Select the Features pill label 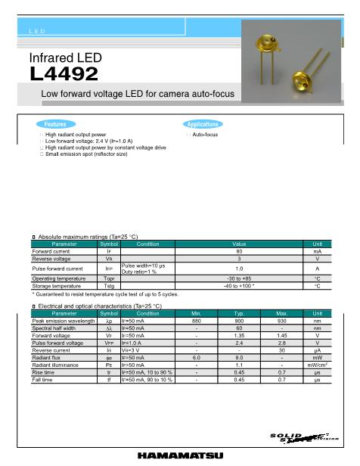click(55, 124)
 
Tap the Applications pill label click(202, 124)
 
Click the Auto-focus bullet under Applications click(205, 134)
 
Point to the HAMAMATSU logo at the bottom click(180, 455)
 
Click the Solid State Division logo click(303, 438)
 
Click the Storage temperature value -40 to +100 click(239, 286)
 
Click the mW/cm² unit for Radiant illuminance click(317, 365)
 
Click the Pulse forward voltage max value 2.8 click(281, 343)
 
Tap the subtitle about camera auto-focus click(138, 94)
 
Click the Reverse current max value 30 click(281, 350)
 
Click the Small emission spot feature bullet click(85, 154)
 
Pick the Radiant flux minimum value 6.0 click(197, 357)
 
